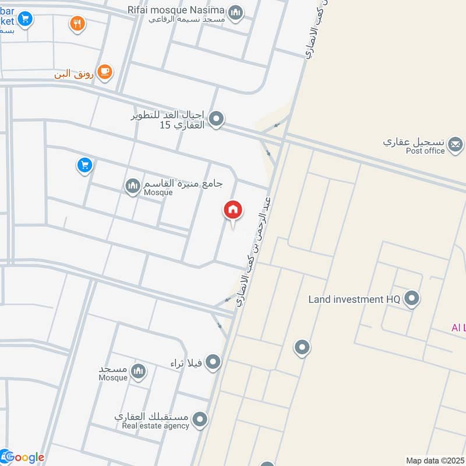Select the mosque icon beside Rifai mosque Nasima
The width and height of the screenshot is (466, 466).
coord(235,12)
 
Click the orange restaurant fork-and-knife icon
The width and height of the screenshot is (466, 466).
coord(77,24)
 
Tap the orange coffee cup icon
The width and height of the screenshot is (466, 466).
coord(105,72)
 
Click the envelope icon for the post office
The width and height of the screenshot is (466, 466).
coord(456,143)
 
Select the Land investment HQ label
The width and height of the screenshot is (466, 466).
coord(354,299)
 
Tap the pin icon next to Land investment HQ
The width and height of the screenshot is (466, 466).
coord(412,299)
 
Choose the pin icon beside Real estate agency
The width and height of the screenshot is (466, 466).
coord(200,419)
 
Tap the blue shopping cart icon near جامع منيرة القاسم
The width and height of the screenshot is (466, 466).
coord(85,166)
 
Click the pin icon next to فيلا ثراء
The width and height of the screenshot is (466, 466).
coord(213,362)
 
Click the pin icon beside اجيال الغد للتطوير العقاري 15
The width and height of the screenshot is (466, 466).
coord(217,119)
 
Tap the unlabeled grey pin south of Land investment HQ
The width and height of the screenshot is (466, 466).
coord(302,348)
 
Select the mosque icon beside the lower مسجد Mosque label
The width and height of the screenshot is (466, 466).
coord(138,371)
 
